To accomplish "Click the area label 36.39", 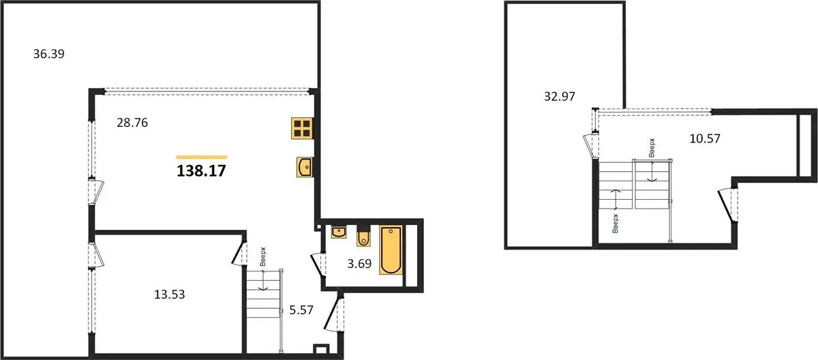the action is tap(49, 54).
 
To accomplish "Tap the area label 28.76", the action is tap(132, 123).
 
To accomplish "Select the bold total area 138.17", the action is tap(202, 171).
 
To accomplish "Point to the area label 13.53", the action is tap(170, 295).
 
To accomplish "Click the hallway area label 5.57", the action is tap(301, 310).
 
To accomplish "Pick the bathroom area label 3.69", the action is tap(359, 264).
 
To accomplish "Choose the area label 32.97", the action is tap(560, 96).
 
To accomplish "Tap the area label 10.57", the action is tap(705, 138).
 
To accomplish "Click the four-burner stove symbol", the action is tap(302, 128).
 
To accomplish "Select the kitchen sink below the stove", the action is tap(304, 167).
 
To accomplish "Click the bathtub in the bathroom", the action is tap(391, 250).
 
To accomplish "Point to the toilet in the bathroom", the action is tap(363, 238).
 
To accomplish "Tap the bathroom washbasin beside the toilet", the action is tap(339, 232).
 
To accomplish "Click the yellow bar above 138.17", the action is tap(202, 157).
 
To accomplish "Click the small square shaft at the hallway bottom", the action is tap(321, 348).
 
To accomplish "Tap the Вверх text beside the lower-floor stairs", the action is tap(263, 256).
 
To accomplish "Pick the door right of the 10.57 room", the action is tap(729, 205).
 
